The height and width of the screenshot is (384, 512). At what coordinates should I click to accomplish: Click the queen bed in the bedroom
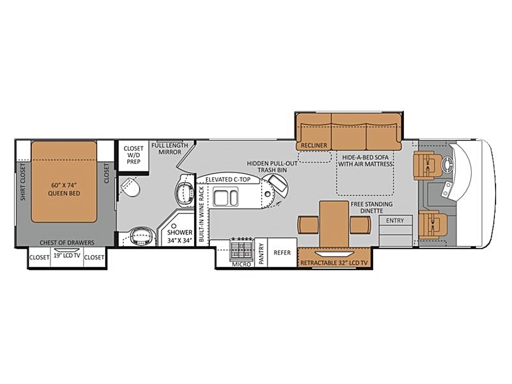click(64, 182)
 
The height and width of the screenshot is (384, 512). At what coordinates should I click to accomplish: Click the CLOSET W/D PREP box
click(134, 155)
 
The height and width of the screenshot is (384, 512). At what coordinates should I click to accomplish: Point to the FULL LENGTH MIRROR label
click(170, 148)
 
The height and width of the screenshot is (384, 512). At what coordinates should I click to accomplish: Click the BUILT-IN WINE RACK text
click(201, 214)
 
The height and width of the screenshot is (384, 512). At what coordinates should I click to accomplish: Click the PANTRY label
click(261, 254)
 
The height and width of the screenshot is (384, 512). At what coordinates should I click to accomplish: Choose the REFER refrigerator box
click(282, 252)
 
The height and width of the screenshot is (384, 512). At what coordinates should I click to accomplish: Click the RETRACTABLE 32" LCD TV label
click(334, 263)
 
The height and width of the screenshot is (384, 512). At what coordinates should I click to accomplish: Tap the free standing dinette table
click(334, 225)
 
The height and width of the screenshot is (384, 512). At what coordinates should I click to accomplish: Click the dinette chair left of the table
click(308, 225)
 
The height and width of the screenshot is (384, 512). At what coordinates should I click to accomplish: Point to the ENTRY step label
click(395, 221)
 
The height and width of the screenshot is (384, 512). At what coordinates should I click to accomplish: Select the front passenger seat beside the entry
click(431, 224)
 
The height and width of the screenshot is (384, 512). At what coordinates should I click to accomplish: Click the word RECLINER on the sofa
click(314, 145)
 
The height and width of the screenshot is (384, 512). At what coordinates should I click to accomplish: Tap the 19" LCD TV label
click(67, 255)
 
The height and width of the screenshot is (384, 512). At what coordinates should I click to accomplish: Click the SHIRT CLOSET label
click(23, 182)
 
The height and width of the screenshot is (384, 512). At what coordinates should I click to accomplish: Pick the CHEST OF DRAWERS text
click(67, 243)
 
